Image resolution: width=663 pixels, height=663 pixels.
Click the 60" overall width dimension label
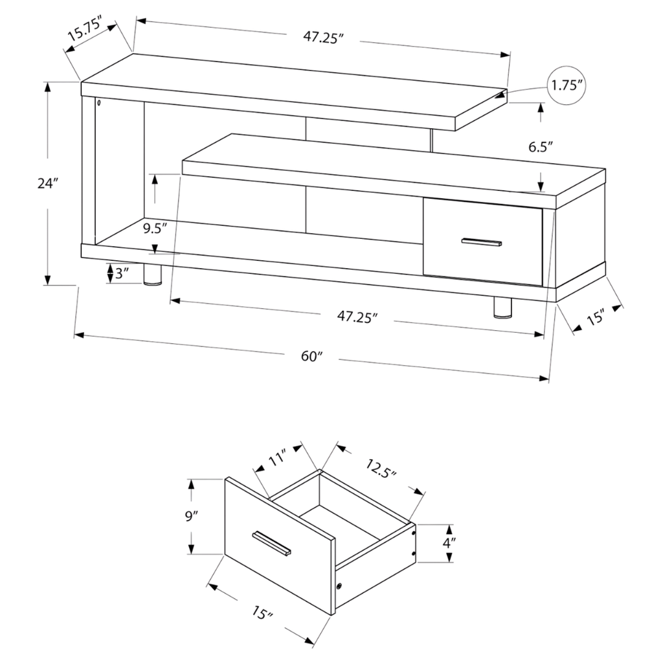pos(311,357)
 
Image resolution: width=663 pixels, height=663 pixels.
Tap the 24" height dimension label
pos(47,183)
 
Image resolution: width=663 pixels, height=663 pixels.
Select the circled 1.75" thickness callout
pos(568,85)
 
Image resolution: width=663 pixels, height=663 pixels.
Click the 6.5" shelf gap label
pos(541,147)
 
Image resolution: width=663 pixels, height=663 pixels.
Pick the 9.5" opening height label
pos(155,229)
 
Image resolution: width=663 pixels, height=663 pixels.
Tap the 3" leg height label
pos(121,274)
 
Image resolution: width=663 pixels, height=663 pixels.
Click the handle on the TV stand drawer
pos(482,242)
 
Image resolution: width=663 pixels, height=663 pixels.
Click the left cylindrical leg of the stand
pos(153,275)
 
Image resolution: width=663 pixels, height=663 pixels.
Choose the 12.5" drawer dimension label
pos(381,467)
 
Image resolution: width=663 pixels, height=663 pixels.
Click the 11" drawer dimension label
pos(278,458)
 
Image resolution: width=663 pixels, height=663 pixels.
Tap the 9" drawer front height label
pos(192,516)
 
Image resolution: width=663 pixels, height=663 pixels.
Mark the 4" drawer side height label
pos(449,543)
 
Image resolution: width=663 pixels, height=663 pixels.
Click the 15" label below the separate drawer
pos(263,612)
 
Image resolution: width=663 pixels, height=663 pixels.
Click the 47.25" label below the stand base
pos(357,316)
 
